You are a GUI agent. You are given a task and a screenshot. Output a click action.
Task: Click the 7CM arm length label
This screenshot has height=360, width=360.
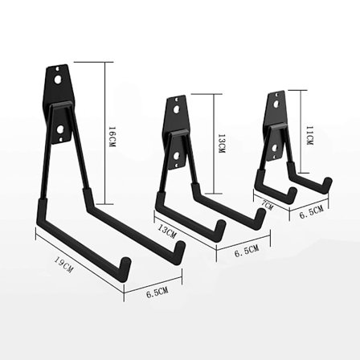tap(267, 206)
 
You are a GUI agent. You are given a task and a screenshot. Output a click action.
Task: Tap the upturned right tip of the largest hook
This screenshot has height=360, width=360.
tap(182, 248)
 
